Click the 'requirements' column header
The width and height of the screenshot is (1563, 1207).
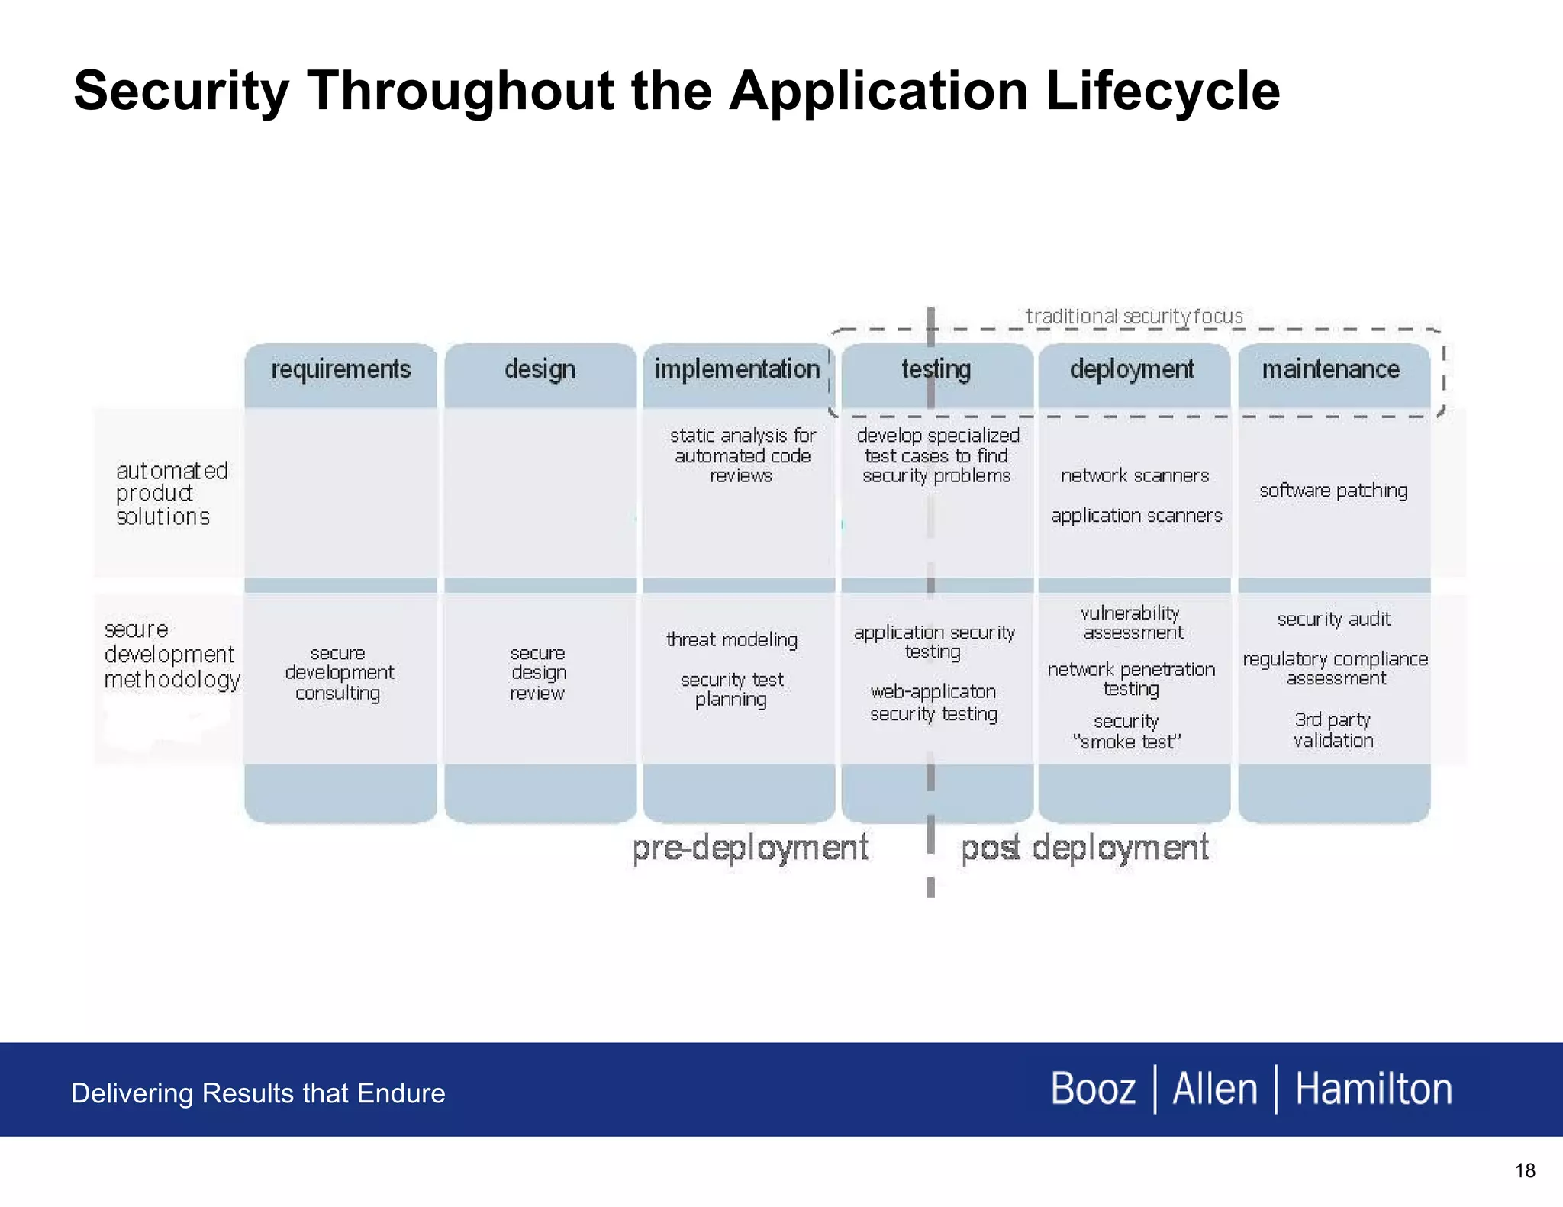pos(340,370)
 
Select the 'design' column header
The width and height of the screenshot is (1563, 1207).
pos(540,370)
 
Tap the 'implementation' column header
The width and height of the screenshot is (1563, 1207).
pos(736,370)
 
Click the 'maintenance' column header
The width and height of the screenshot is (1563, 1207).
pos(1330,370)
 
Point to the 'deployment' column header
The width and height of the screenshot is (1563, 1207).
pos(1132,370)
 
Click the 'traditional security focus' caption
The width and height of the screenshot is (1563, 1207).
pos(1134,317)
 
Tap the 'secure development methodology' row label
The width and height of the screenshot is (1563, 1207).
pos(171,655)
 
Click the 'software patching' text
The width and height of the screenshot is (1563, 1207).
pos(1333,491)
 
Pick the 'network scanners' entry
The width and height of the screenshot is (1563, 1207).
pos(1135,476)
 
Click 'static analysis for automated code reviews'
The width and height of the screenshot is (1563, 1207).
pos(742,455)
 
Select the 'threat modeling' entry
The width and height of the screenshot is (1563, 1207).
pos(732,639)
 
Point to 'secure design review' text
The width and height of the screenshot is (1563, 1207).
pos(538,673)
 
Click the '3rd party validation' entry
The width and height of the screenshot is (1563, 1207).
pos(1333,730)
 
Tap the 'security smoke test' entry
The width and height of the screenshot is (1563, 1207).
pos(1126,732)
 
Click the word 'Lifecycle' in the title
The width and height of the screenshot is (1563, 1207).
pos(1162,91)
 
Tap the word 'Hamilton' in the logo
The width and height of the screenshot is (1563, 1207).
pos(1374,1089)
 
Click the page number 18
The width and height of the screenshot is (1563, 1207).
pos(1525,1170)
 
